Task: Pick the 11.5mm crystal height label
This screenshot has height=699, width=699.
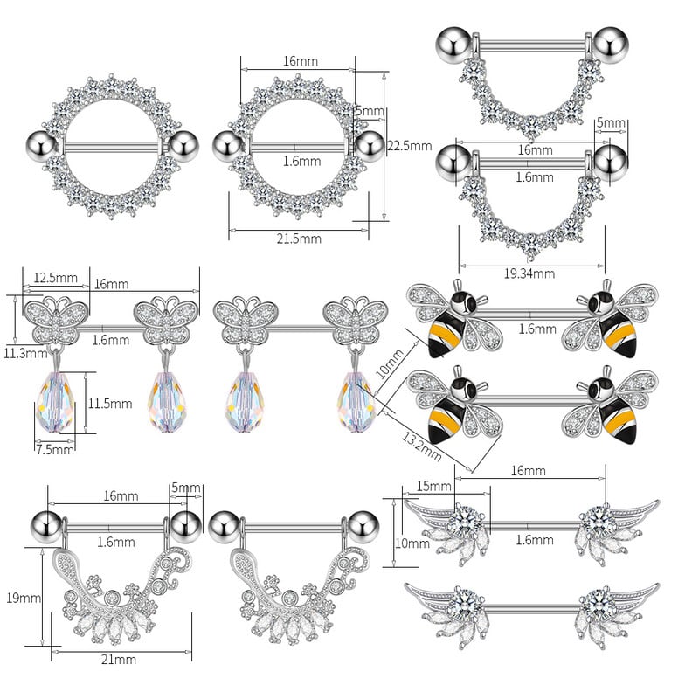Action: [x=109, y=404]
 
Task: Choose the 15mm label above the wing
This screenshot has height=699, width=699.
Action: [x=429, y=485]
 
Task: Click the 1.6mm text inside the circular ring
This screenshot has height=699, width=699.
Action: [x=296, y=160]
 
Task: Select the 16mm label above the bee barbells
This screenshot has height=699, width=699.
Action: [x=528, y=471]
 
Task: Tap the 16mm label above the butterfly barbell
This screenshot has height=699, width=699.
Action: [x=111, y=284]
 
